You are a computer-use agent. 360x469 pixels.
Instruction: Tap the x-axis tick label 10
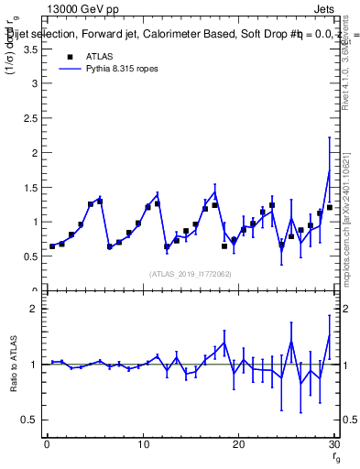coord(142,445)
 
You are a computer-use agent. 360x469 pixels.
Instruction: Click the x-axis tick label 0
coord(47,445)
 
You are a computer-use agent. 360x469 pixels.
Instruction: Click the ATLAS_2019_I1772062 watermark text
coord(190,273)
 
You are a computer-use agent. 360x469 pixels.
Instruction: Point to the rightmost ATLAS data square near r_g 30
coord(330,207)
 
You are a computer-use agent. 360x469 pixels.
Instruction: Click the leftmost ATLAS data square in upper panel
coord(52,245)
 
